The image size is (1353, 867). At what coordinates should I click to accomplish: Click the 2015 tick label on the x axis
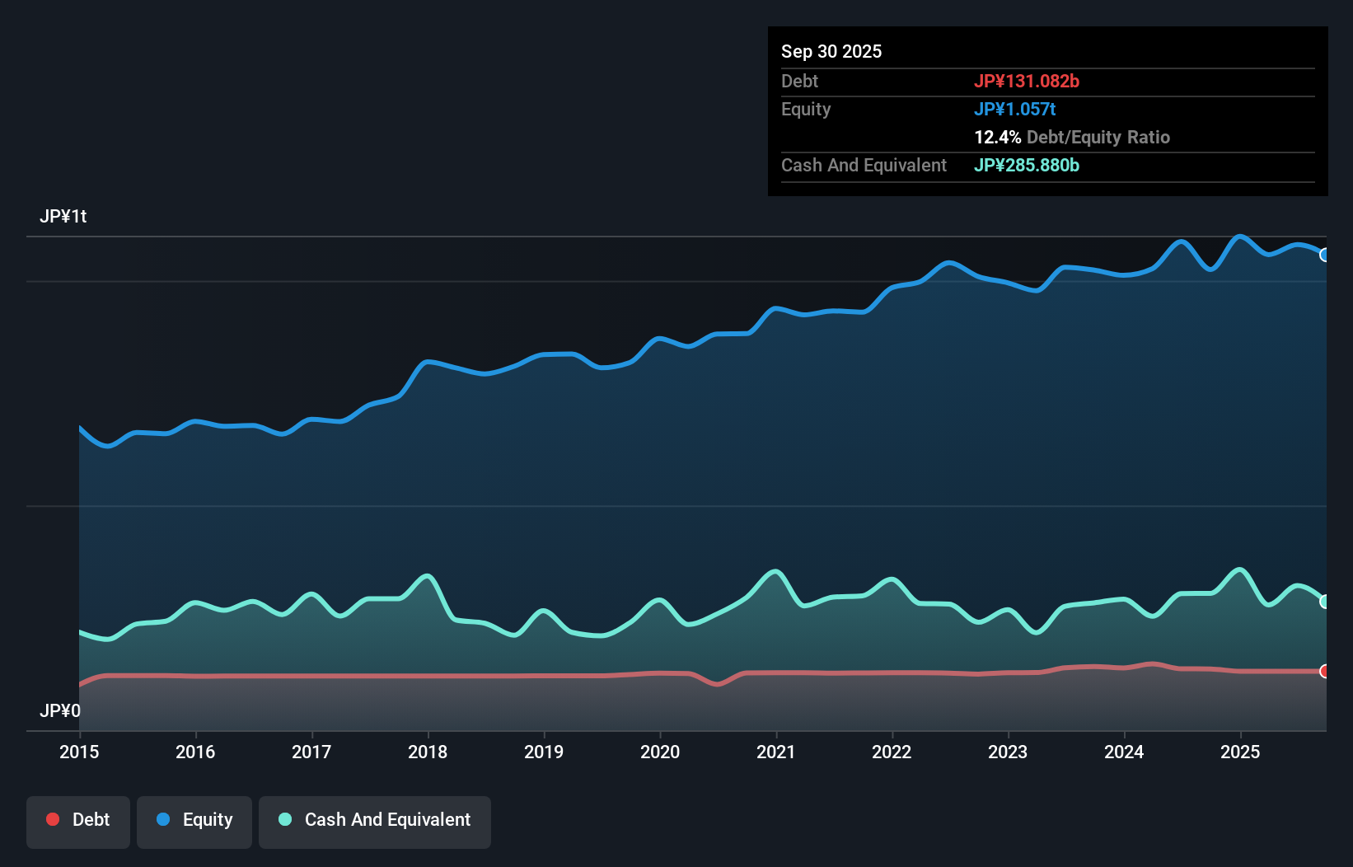[x=79, y=752]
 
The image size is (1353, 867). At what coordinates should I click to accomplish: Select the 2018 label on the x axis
[x=428, y=752]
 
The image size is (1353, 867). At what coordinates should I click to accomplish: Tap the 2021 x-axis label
[x=775, y=752]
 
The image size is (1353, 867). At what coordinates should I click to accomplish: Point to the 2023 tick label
[x=1008, y=752]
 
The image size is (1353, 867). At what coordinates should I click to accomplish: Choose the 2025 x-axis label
[x=1240, y=752]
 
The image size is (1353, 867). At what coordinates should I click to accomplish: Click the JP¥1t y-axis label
[x=63, y=217]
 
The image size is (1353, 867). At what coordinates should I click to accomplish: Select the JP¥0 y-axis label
[x=60, y=710]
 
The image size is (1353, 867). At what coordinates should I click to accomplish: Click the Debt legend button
[x=78, y=820]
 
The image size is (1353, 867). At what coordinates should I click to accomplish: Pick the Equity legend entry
[x=194, y=820]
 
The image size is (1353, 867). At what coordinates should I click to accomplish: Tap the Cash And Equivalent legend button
[x=375, y=820]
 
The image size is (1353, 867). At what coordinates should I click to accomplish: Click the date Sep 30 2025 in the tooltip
[x=831, y=51]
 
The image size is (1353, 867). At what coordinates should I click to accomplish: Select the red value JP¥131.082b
[x=1027, y=81]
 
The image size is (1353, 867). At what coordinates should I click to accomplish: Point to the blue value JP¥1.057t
[x=1014, y=109]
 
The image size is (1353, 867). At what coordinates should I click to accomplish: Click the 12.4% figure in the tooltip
[x=997, y=137]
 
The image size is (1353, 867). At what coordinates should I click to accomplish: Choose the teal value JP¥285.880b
[x=1027, y=165]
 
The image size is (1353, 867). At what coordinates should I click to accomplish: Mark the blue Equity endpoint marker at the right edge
[x=1325, y=255]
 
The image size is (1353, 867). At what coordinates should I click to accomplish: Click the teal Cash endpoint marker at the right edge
[x=1325, y=602]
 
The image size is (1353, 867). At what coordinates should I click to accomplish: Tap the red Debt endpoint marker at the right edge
[x=1325, y=671]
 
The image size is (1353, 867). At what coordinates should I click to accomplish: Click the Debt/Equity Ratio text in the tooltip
[x=1098, y=137]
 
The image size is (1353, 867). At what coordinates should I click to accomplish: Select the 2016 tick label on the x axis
[x=195, y=752]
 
